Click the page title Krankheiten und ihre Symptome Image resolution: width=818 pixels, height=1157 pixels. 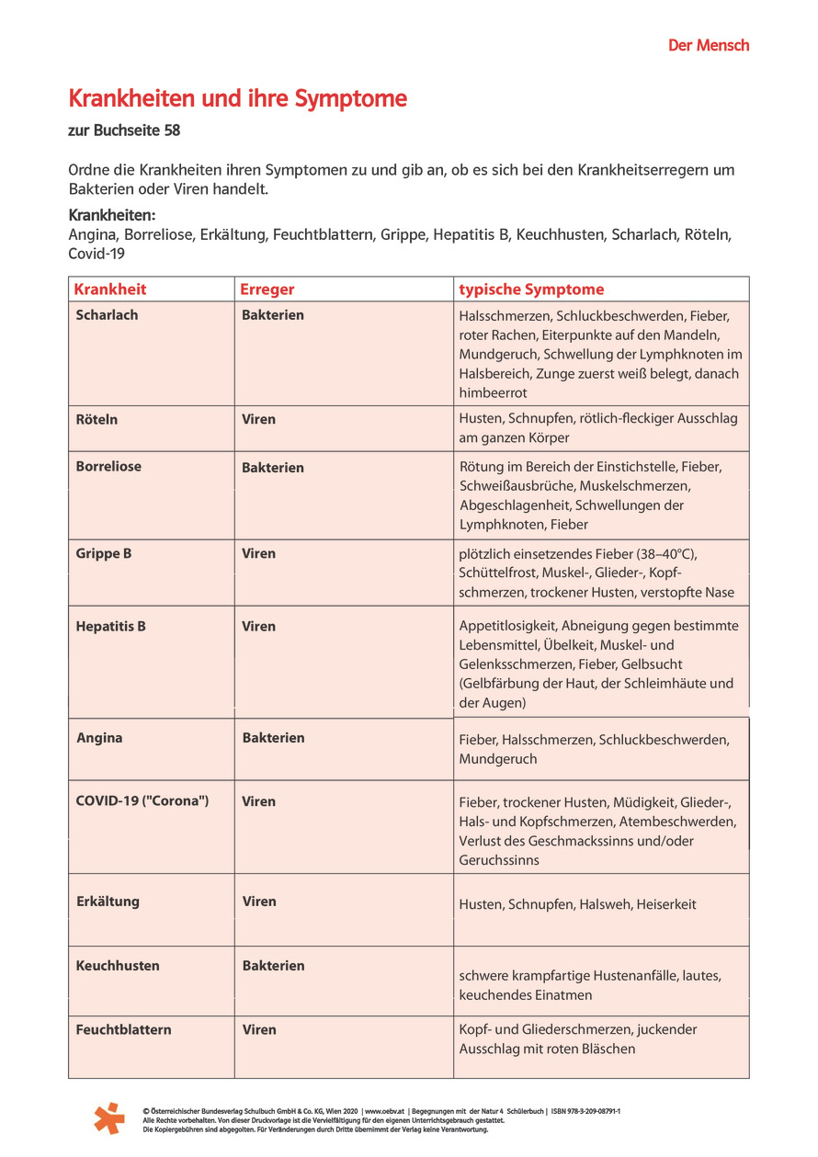click(237, 99)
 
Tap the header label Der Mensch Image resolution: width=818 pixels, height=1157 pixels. click(708, 45)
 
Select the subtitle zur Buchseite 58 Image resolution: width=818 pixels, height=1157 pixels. click(124, 130)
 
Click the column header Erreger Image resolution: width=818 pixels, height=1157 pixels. click(267, 289)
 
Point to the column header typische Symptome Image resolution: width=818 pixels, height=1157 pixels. click(531, 289)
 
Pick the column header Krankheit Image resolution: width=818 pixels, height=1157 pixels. click(110, 289)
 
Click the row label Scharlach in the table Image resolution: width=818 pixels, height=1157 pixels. click(107, 314)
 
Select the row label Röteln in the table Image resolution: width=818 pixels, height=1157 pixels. click(97, 419)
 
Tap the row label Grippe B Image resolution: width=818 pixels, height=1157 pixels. click(104, 553)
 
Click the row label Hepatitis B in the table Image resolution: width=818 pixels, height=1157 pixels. click(110, 626)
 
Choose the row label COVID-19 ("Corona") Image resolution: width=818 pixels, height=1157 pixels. click(142, 800)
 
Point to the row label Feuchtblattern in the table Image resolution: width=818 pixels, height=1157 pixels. click(123, 1029)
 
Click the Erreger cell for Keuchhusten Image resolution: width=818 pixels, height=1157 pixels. click(273, 965)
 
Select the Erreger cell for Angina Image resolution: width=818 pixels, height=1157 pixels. click(273, 737)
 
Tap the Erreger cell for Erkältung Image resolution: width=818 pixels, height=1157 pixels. click(258, 901)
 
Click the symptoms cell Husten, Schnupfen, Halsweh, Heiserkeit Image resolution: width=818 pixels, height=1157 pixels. click(577, 904)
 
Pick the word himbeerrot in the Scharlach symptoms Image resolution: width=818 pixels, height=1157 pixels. click(494, 392)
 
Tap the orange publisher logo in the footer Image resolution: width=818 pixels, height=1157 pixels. click(108, 1117)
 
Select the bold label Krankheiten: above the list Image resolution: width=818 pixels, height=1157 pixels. click(112, 215)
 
